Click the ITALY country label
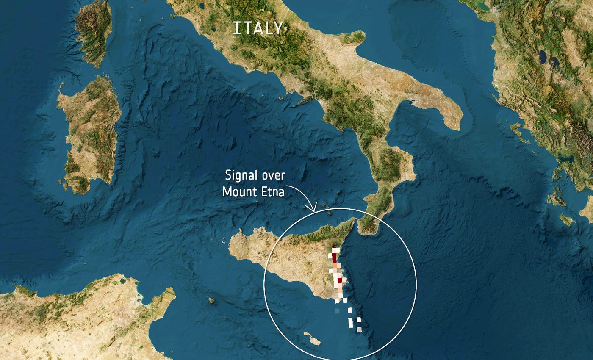258,28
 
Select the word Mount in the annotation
240,191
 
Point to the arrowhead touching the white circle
314,208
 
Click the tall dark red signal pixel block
334,258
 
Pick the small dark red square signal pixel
339,280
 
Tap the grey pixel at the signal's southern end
359,329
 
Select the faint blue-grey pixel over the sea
337,311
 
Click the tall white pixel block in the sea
350,322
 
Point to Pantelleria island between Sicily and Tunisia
211,300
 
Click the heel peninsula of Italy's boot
445,112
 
